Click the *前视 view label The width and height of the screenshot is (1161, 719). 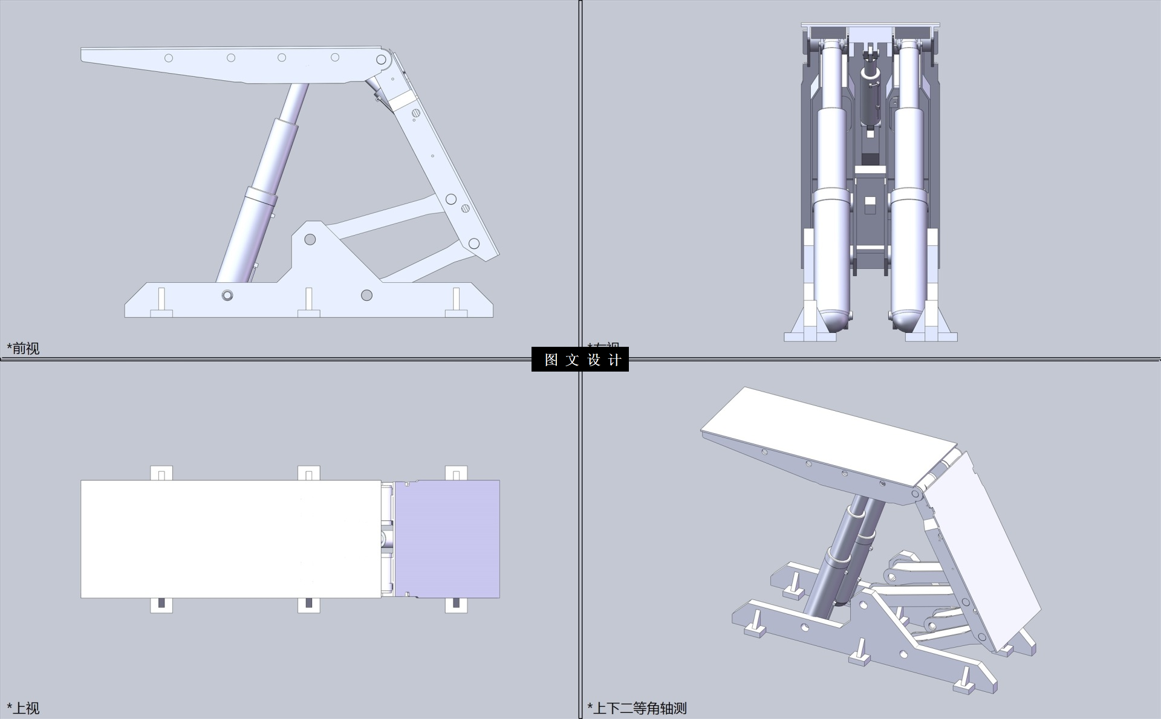click(23, 348)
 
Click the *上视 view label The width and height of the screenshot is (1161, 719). click(23, 708)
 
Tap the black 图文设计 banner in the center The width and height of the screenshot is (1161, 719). click(580, 359)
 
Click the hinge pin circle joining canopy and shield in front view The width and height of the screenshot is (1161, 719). click(382, 59)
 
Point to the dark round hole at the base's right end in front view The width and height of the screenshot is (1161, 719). click(366, 295)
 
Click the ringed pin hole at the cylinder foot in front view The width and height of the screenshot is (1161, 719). click(227, 295)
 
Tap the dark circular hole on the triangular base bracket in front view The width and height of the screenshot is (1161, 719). click(310, 239)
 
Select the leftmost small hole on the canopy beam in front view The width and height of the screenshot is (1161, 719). click(169, 58)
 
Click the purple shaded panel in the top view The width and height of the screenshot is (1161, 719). click(447, 539)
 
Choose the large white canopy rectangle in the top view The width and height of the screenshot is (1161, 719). click(230, 539)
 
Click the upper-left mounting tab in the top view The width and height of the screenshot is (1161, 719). click(161, 473)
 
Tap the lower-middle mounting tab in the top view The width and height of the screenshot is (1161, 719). click(309, 605)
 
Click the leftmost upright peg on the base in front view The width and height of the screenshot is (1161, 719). click(161, 300)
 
